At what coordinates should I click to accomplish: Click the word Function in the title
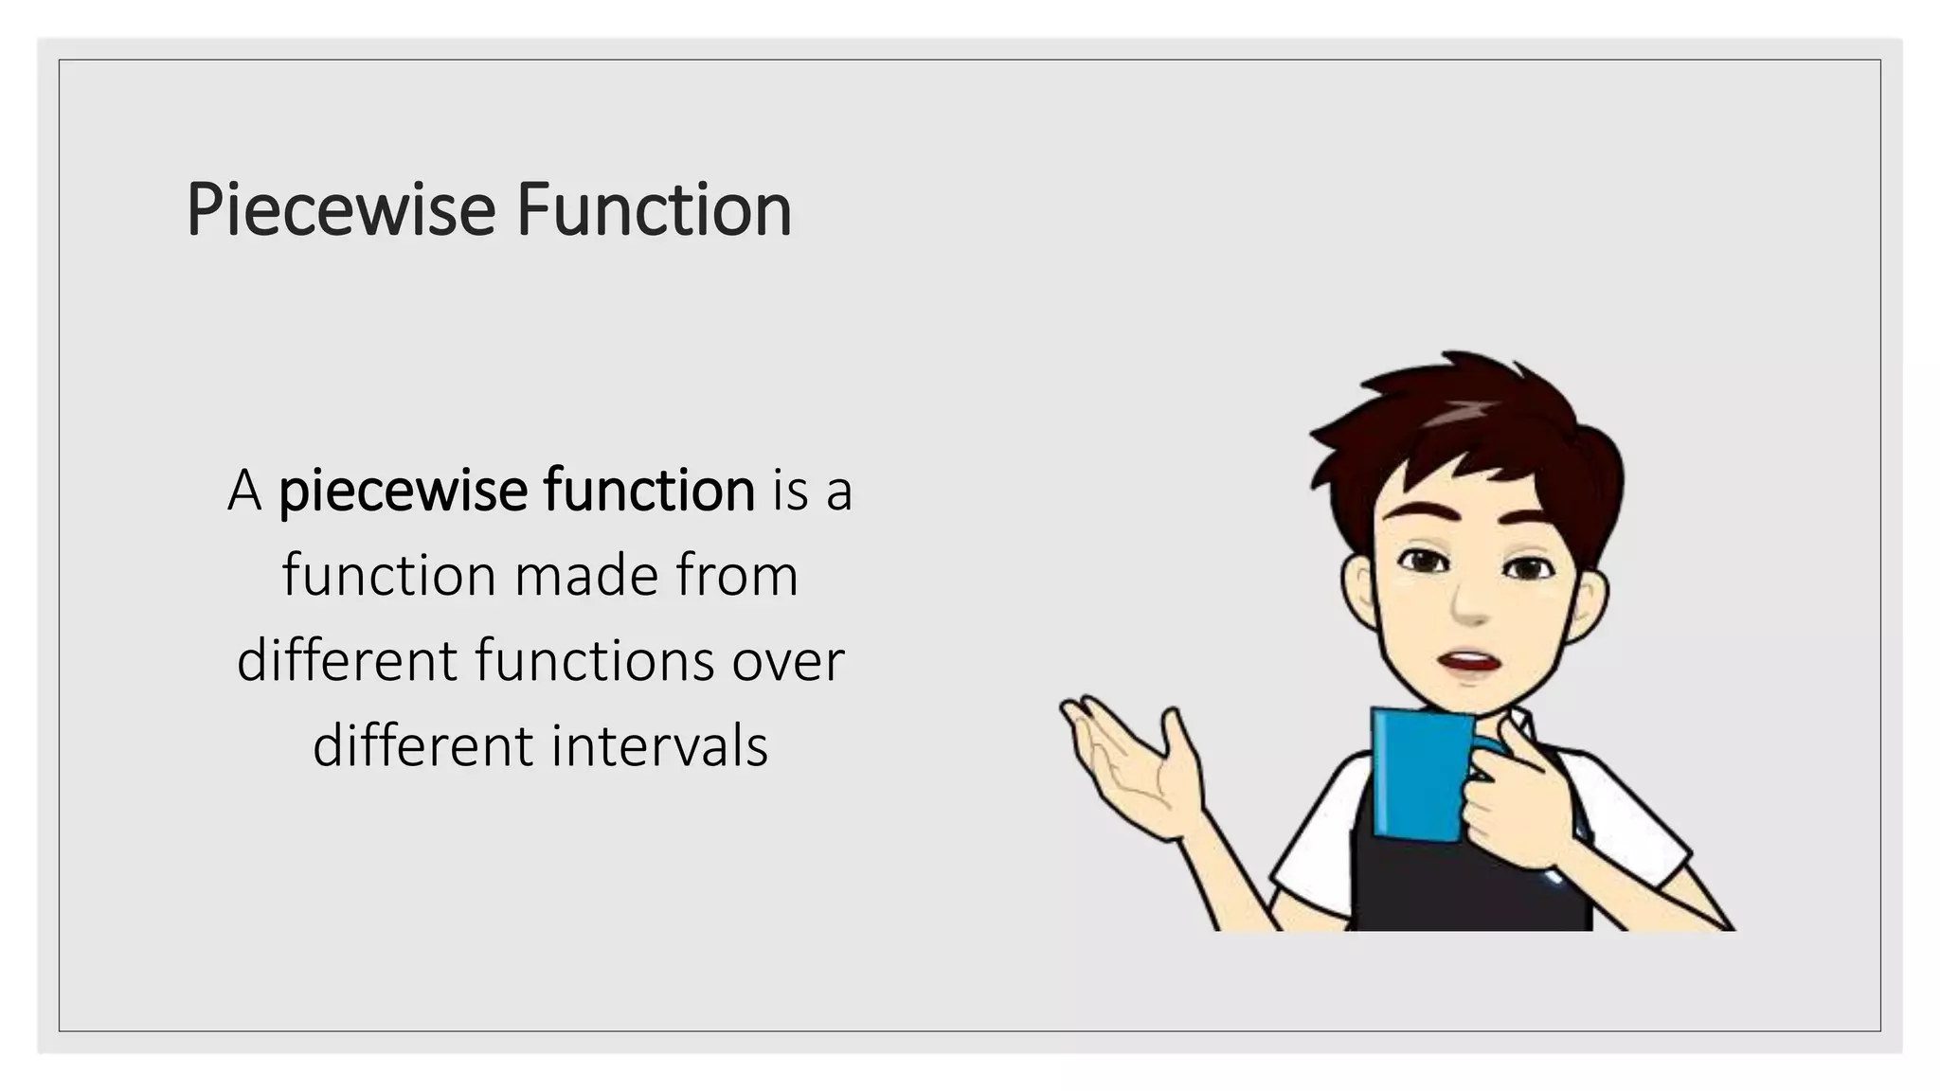[654, 210]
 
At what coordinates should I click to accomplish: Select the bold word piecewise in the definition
[402, 492]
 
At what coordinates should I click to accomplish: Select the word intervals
[659, 745]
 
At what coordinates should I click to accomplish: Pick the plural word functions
[594, 660]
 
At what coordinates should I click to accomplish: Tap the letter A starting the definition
[244, 492]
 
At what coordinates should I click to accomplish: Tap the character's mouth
[1470, 661]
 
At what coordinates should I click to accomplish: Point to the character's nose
[1470, 606]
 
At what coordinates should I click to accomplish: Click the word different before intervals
[423, 745]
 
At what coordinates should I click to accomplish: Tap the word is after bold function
[789, 492]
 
